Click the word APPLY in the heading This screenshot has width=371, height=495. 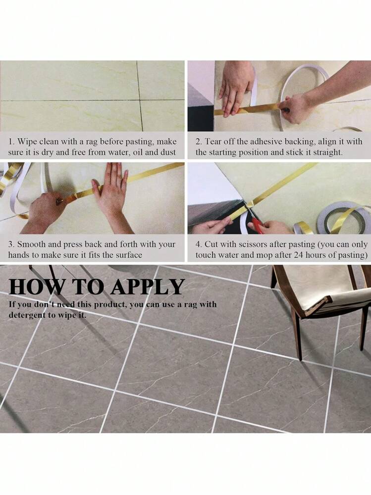148,286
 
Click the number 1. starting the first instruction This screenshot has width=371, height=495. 11,141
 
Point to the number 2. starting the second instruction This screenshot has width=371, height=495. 199,141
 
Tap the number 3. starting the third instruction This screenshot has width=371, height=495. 11,244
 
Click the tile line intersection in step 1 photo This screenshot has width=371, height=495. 140,100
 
